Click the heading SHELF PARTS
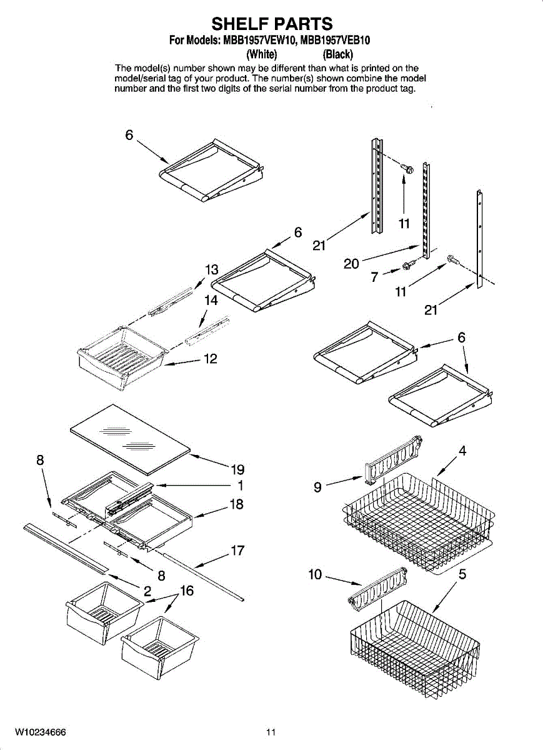tap(272, 24)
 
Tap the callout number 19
tap(237, 469)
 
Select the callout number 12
tap(211, 359)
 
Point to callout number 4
tap(462, 450)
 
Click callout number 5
tap(462, 574)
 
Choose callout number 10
tap(315, 574)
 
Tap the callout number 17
tap(237, 551)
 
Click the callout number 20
tap(351, 264)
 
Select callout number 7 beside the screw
tap(374, 277)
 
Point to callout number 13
tap(212, 270)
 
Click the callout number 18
tap(236, 504)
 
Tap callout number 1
tap(240, 485)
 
